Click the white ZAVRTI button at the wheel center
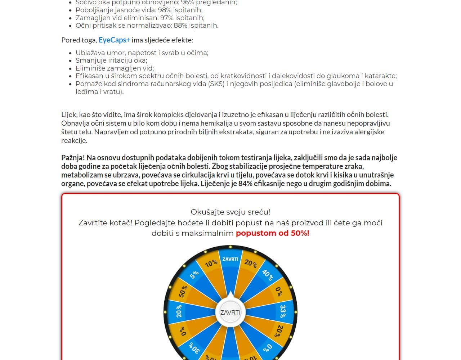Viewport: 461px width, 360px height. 230,312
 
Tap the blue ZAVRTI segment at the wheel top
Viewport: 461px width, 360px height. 230,259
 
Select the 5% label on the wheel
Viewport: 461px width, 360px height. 194,275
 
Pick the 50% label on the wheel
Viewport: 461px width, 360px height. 183,291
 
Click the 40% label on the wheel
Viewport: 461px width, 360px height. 267,275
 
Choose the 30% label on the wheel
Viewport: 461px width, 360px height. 194,348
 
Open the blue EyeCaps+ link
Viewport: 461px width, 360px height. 114,40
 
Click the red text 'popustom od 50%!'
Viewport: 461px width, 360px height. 272,233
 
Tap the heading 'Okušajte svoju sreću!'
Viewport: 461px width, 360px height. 230,212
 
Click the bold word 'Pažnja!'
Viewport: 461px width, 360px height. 73,158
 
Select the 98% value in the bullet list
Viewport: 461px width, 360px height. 165,10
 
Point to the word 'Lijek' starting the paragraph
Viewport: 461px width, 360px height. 69,115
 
